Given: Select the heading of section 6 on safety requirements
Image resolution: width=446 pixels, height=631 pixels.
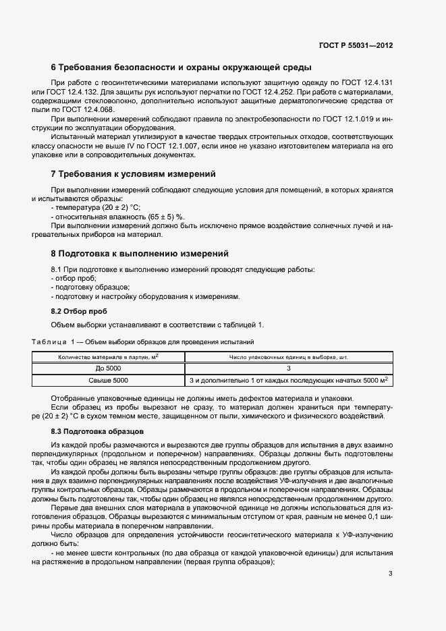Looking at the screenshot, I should [181, 67].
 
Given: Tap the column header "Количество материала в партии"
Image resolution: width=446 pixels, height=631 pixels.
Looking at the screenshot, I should [108, 357].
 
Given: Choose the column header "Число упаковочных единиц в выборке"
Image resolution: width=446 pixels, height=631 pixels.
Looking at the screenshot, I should [288, 357].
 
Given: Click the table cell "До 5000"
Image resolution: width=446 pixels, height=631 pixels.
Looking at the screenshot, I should [108, 368].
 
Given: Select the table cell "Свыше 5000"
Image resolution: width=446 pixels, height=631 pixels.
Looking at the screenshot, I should [108, 381].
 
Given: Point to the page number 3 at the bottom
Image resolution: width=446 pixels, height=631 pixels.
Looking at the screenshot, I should [390, 574].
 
